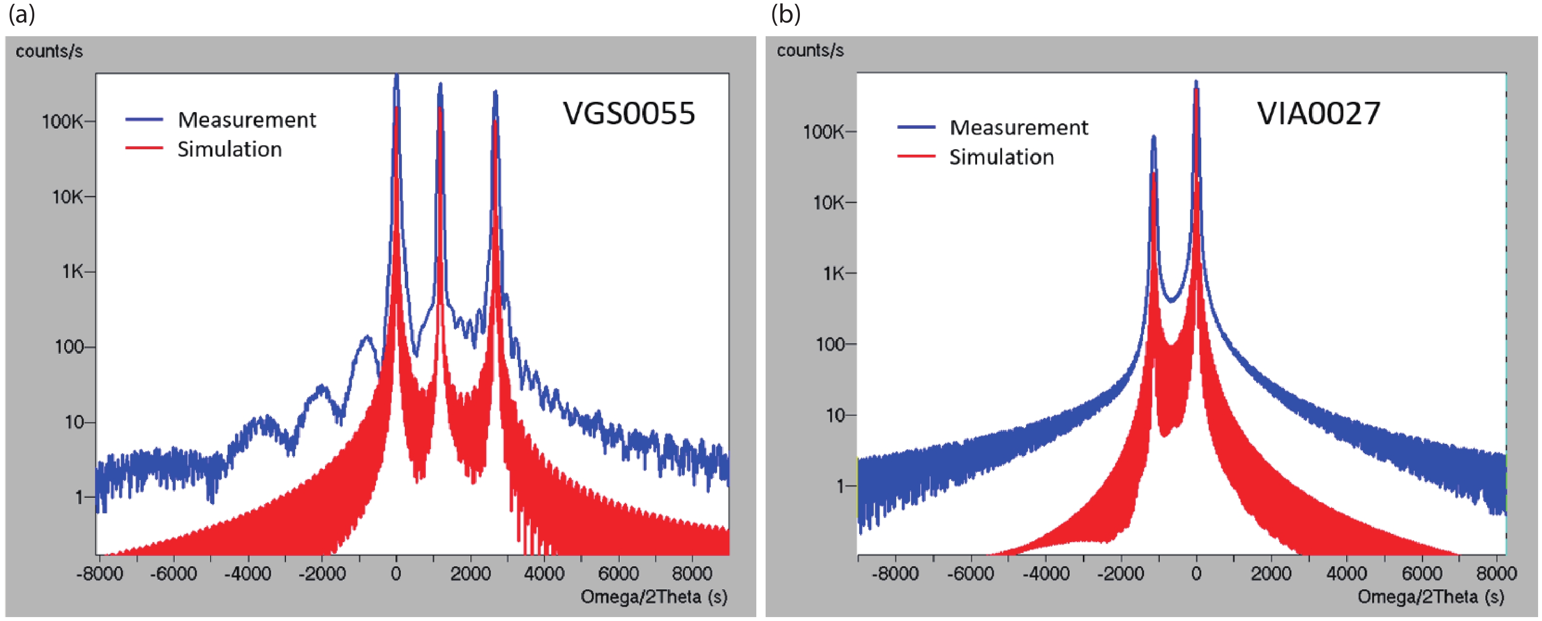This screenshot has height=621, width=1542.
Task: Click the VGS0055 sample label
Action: click(x=629, y=113)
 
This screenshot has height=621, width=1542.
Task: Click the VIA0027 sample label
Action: click(x=1318, y=113)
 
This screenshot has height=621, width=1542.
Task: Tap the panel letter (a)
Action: click(x=22, y=13)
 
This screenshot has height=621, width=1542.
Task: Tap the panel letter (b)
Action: click(x=785, y=13)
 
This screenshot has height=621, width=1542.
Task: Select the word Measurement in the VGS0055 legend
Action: click(x=247, y=120)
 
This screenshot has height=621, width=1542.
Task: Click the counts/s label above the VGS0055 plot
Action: click(x=49, y=51)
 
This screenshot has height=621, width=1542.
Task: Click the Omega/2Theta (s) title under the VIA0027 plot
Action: click(x=1431, y=597)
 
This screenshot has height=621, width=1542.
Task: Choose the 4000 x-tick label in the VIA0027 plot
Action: click(x=1346, y=574)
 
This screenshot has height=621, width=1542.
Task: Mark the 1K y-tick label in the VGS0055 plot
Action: click(x=72, y=272)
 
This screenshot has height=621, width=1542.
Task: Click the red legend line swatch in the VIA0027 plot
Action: click(x=916, y=157)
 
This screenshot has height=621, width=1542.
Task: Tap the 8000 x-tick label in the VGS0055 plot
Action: click(x=692, y=574)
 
